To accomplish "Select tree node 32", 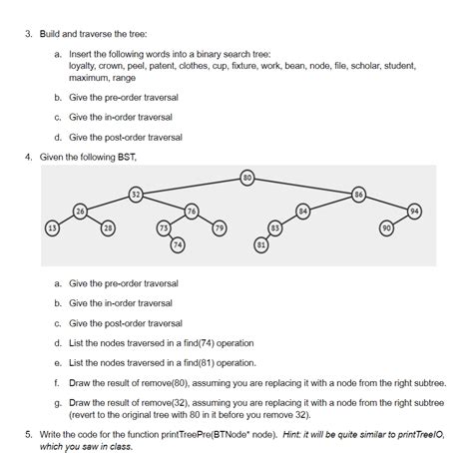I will click(x=137, y=194).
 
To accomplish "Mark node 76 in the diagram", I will click(x=192, y=210).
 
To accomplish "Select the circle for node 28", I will click(x=108, y=228).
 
